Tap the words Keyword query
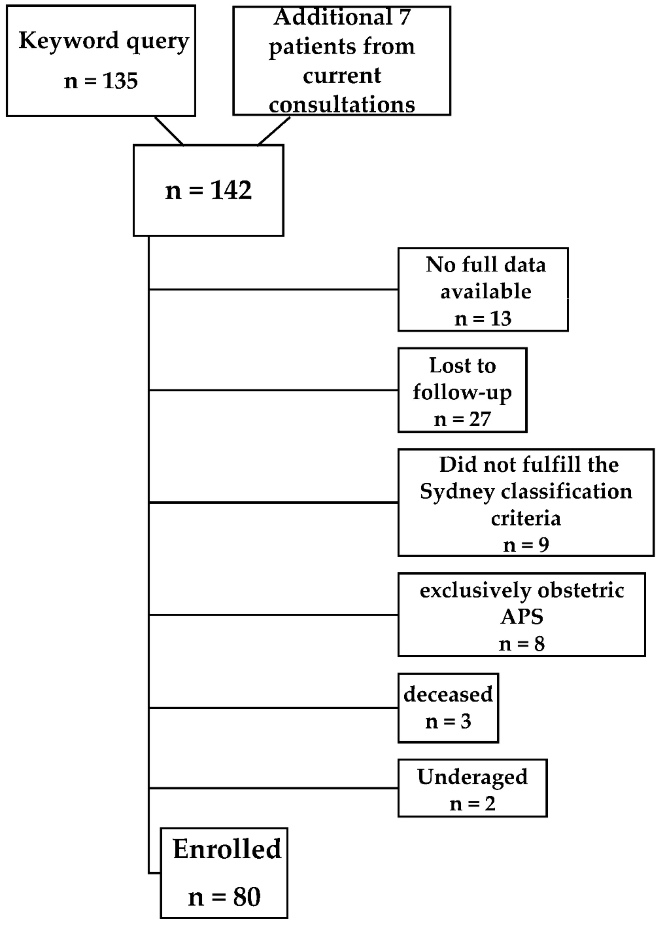tap(104, 41)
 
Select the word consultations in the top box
tap(342, 105)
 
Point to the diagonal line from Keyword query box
tap(169, 131)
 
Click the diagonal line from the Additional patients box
tap(274, 131)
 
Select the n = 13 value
tap(483, 318)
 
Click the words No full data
tap(486, 265)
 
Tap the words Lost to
tap(463, 365)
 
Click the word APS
tap(521, 617)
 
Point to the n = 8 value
tap(521, 644)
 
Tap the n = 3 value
tap(448, 721)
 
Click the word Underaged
tap(472, 777)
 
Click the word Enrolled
tap(227, 849)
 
